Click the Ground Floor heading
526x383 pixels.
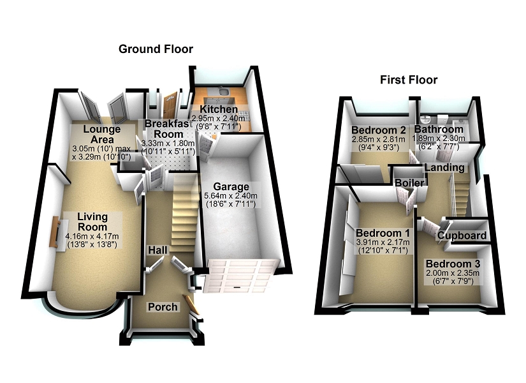pos(156,49)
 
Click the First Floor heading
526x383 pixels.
pos(409,80)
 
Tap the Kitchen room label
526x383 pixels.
pos(219,109)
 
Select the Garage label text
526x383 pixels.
pos(231,186)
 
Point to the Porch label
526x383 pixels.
pos(163,307)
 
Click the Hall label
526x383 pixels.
pos(158,250)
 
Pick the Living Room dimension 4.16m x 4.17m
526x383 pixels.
pos(92,236)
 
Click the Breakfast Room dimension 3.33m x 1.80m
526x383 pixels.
pos(168,143)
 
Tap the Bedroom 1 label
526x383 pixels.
pos(383,233)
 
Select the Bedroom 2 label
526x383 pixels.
pos(378,130)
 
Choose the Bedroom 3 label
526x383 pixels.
pos(453,264)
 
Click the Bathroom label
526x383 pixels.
pos(439,129)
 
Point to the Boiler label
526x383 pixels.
pos(409,183)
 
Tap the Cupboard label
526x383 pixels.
pos(462,236)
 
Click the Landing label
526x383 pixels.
pos(445,167)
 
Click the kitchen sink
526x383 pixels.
pos(223,91)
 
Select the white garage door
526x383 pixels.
pos(241,276)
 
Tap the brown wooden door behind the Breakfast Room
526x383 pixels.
pos(170,105)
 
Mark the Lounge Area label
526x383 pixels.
pos(102,135)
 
